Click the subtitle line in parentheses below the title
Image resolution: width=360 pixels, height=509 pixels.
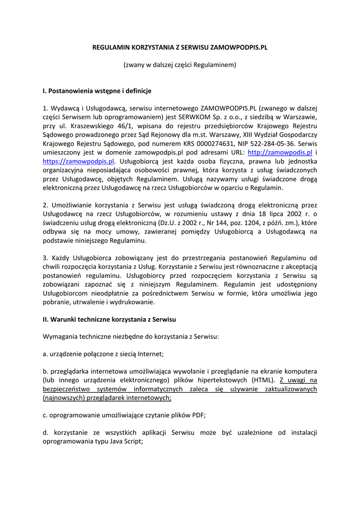180,65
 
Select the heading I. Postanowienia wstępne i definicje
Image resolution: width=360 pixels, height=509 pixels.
97,91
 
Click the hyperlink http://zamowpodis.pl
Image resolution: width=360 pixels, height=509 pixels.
279,153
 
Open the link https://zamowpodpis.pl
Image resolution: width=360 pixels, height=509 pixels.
79,162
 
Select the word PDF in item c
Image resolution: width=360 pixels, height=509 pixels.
198,415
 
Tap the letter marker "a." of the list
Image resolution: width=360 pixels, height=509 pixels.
46,354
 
